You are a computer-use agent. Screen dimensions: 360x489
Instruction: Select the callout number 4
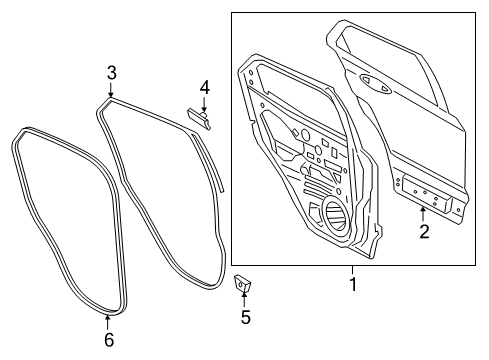pyautogui.click(x=203, y=87)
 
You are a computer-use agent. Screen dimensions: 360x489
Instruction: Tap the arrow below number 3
pyautogui.click(x=112, y=90)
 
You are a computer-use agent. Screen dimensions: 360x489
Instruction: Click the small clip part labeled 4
pyautogui.click(x=200, y=120)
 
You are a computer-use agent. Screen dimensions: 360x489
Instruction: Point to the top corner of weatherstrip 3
pyautogui.click(x=106, y=101)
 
